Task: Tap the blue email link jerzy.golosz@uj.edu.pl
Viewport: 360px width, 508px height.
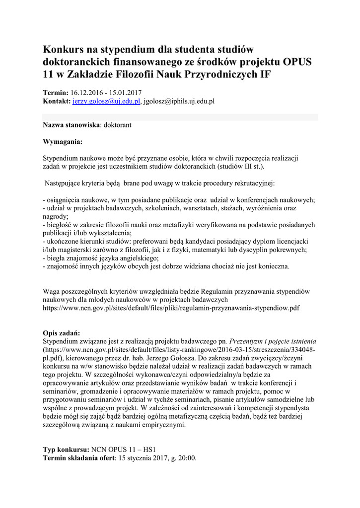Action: [107, 101]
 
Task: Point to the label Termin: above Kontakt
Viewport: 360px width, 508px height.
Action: [56, 93]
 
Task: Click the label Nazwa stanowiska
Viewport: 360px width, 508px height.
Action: [72, 126]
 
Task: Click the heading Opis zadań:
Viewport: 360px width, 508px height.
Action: [62, 333]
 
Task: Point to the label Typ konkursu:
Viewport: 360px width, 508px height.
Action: [66, 449]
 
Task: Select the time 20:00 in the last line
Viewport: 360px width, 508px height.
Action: [187, 458]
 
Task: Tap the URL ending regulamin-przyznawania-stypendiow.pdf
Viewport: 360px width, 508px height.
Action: [171, 308]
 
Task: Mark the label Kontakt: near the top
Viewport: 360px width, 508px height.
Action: [57, 101]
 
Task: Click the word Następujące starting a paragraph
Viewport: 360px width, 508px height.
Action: [64, 183]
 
